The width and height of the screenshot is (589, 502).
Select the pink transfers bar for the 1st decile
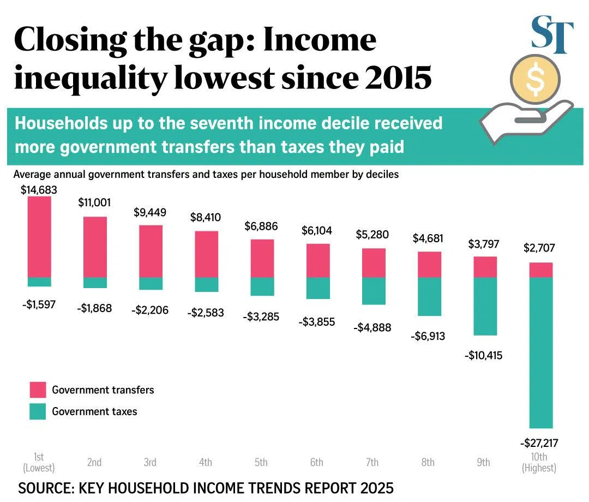39,237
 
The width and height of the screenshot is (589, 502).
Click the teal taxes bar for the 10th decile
540,352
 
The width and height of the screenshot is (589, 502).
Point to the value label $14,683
39,190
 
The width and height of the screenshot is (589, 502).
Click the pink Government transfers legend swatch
38,390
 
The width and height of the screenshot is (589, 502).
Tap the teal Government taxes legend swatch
38,411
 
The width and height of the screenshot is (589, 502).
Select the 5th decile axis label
261,462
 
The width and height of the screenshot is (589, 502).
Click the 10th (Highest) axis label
539,462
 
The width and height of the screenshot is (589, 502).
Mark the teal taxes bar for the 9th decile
485,306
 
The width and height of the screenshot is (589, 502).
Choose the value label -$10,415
484,356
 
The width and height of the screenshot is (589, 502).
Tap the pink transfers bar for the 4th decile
206,254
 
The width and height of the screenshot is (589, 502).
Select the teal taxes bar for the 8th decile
429,296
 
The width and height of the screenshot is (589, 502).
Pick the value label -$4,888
372,328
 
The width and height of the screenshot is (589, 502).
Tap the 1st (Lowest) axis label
39,462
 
